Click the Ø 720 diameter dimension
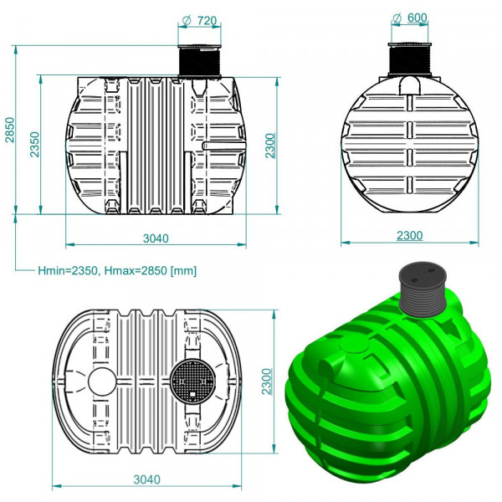point(199,21)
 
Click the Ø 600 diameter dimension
point(410,18)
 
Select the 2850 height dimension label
point(10,130)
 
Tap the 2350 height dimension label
point(34,144)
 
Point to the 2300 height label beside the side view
point(270,146)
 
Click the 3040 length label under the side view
point(156,238)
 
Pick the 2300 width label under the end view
point(410,236)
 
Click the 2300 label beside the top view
point(267,382)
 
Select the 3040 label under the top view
point(146,479)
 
